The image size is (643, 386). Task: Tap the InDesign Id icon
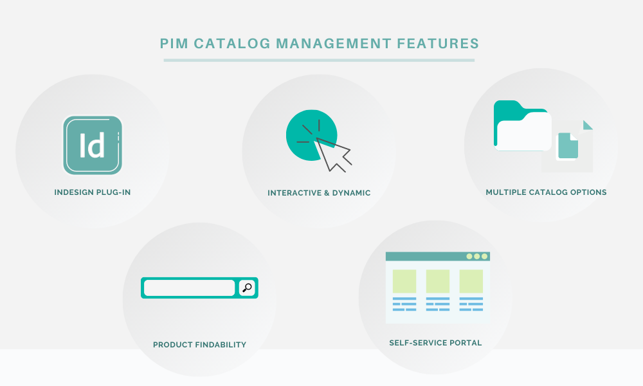[93, 145]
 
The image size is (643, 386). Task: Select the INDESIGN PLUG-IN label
[92, 192]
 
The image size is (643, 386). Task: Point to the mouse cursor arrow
[333, 154]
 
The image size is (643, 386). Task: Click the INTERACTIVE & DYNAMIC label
[319, 193]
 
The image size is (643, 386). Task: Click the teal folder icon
[522, 125]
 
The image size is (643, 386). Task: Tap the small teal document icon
[568, 145]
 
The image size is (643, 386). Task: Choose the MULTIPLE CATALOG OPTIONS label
[546, 192]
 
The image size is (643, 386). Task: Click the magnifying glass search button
[247, 288]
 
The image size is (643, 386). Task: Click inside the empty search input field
[189, 288]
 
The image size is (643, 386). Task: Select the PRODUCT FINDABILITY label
[200, 345]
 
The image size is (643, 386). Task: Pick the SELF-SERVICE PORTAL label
[435, 342]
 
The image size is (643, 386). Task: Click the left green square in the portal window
[404, 281]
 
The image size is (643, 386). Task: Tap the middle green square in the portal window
[437, 281]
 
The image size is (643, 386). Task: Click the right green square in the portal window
[471, 281]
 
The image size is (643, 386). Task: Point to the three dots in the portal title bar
[477, 257]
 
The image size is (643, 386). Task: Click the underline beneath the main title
[319, 60]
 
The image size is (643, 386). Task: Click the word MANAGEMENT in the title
[334, 44]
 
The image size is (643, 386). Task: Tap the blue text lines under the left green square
[404, 304]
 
